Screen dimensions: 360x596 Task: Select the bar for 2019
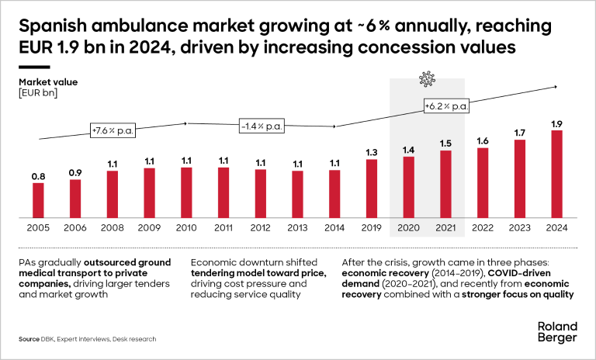tap(372, 188)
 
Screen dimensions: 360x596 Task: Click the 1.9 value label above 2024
tap(556, 123)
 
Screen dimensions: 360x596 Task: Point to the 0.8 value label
tap(38, 177)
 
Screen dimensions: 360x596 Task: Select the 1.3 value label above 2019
tap(372, 152)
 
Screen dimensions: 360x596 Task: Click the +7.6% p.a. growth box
tap(113, 130)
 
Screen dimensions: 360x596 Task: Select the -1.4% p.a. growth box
tap(261, 125)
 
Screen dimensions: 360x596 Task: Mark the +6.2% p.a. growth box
tap(446, 106)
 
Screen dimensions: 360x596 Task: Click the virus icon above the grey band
tap(426, 79)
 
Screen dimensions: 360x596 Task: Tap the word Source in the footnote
tap(30, 340)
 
